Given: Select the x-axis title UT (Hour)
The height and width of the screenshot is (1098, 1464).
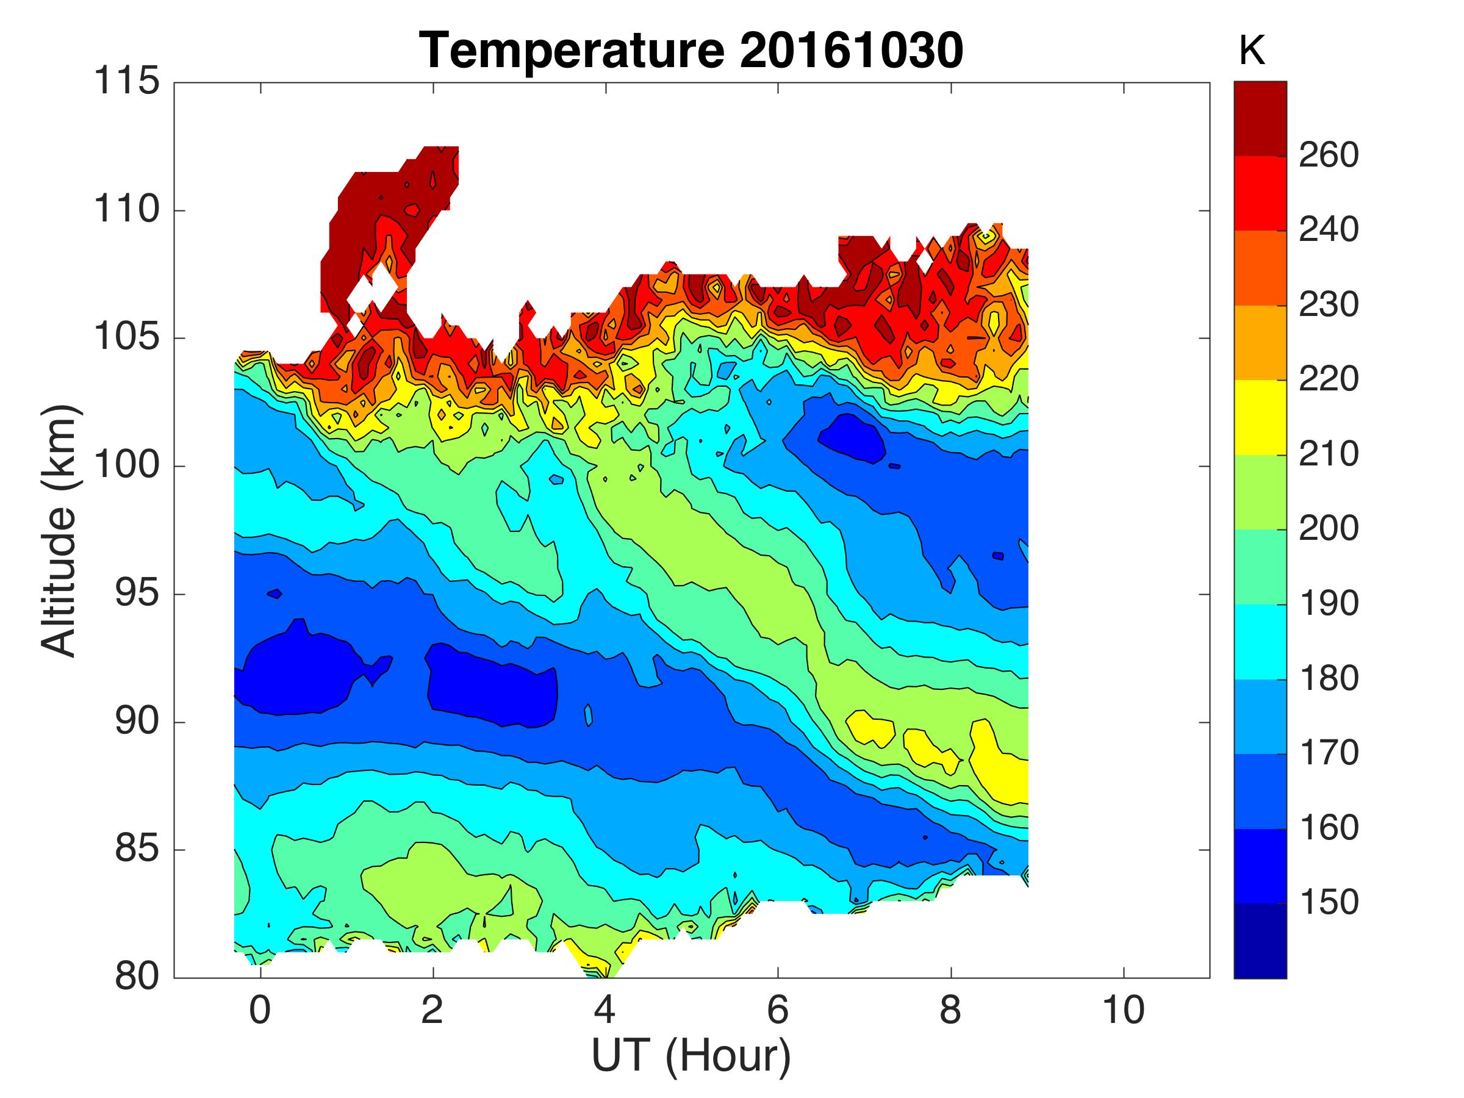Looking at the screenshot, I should pos(691,1056).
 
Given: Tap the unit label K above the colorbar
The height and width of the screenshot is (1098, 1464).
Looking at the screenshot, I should pos(1252,50).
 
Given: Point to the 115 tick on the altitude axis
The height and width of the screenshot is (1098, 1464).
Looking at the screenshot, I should pos(127,82).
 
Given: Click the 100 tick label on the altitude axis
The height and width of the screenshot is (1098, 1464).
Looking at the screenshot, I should pos(127,466).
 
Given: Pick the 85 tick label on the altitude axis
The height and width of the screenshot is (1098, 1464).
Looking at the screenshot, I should pos(137,849).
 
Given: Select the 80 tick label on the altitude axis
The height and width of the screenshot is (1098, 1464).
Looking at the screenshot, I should pos(137,977).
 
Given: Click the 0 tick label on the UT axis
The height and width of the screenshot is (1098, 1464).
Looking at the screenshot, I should pos(260,1011).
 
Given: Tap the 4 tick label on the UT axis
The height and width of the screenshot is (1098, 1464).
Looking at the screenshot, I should pos(605,1011).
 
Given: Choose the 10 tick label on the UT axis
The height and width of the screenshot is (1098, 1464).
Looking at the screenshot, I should pos(1123,1011).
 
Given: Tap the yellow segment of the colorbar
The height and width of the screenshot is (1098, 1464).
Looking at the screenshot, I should pos(1260,417).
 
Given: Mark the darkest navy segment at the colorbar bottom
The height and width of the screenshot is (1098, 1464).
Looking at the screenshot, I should pos(1260,940).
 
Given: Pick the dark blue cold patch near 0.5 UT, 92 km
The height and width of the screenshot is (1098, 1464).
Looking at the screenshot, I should pos(298,675).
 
